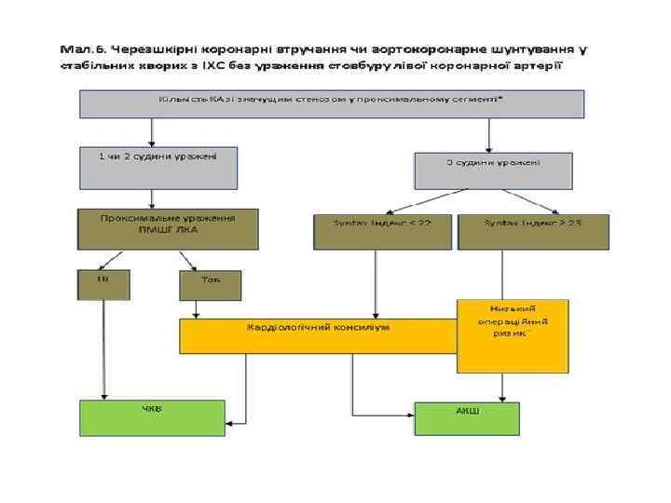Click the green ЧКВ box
(151, 417)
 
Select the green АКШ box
(467, 418)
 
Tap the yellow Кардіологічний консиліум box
(318, 335)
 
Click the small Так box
(210, 284)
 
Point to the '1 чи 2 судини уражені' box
(157, 167)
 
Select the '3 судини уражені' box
(492, 170)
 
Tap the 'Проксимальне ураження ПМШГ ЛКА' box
(168, 228)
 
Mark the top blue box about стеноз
(332, 102)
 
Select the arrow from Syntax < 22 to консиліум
(375, 284)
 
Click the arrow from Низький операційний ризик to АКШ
(501, 387)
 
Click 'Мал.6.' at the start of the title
(83, 48)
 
